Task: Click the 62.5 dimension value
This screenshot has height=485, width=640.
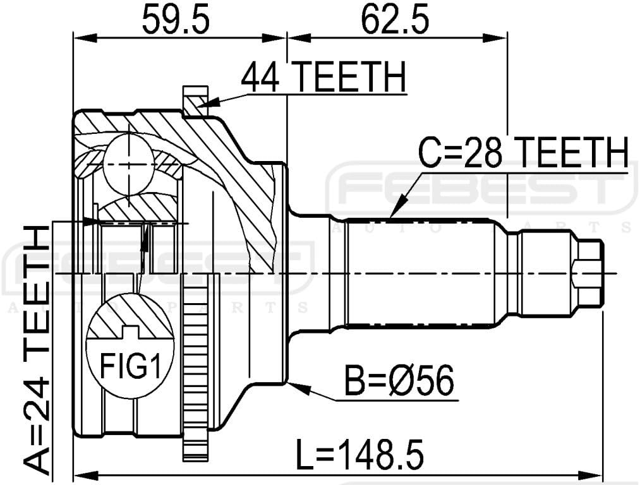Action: (396, 21)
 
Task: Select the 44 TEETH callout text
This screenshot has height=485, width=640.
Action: (323, 80)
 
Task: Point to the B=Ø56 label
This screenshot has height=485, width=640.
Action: (399, 381)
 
